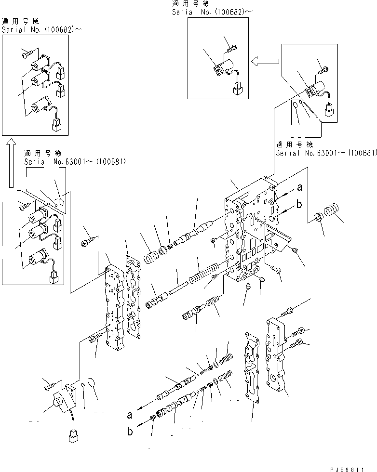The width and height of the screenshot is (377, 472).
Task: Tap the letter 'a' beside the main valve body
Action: (299, 188)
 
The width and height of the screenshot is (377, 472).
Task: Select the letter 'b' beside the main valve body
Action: (299, 205)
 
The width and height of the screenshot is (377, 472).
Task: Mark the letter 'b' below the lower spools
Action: (129, 432)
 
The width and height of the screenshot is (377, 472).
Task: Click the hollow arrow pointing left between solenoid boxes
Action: (264, 61)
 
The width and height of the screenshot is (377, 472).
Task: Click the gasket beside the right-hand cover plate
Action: (253, 367)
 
